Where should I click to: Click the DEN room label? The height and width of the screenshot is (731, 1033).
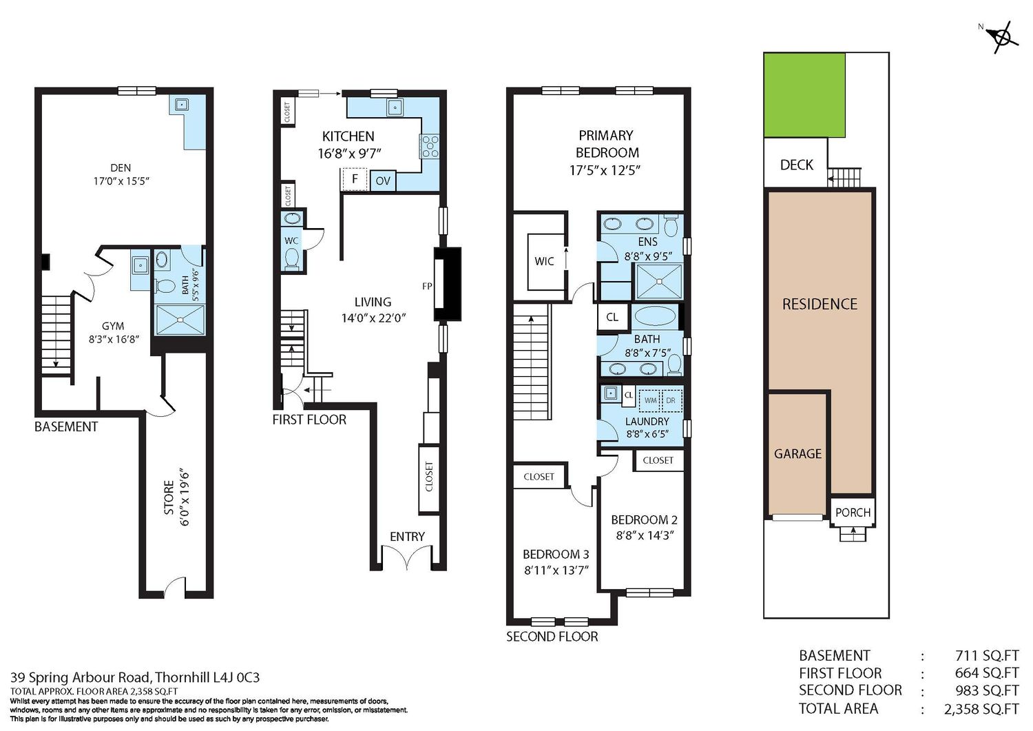point(121,168)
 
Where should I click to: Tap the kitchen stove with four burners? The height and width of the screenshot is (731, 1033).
point(429,146)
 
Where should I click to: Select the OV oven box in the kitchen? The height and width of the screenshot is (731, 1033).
point(383,181)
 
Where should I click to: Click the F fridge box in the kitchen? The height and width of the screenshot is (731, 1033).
point(354,179)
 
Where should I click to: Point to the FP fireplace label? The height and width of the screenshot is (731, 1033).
point(427,286)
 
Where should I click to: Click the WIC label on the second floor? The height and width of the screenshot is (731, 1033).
point(544,261)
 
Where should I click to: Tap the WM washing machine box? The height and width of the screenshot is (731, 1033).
point(650,400)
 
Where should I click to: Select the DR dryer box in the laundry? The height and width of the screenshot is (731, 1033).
point(671,400)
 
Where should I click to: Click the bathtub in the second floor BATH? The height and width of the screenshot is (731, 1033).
point(654,317)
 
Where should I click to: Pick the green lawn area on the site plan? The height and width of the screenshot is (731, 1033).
point(804,94)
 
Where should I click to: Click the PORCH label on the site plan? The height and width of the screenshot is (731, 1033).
point(853,513)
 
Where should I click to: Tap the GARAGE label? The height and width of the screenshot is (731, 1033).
point(797,453)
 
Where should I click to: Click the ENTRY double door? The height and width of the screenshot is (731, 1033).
point(407,557)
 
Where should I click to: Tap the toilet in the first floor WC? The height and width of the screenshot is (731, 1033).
point(292,258)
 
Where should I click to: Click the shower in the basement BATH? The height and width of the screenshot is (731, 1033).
point(180,320)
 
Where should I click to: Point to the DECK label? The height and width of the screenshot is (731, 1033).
point(796,165)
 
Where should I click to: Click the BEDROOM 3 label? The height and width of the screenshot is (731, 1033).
point(556,554)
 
